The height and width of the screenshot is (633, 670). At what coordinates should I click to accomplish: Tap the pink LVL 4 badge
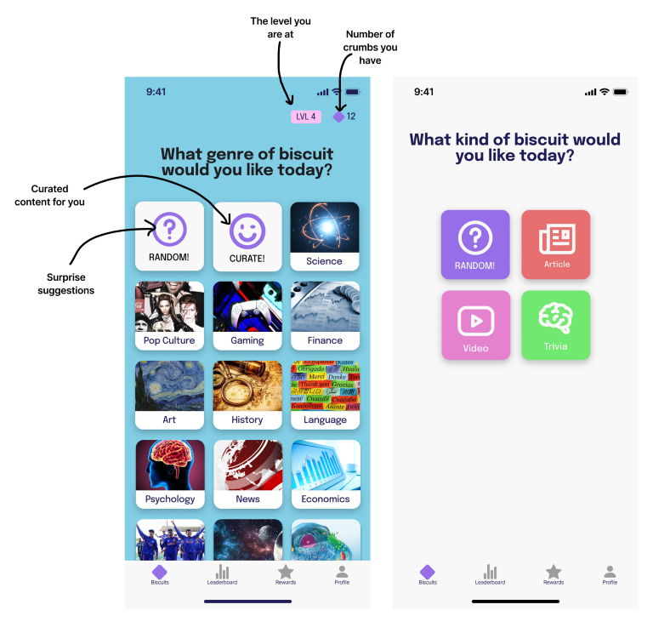(305, 117)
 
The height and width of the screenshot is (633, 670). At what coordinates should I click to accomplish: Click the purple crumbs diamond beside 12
(338, 117)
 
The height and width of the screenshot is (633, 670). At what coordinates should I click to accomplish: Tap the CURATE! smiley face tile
(247, 237)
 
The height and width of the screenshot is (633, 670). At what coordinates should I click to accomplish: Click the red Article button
(555, 244)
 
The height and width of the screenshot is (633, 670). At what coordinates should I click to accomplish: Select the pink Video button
(475, 325)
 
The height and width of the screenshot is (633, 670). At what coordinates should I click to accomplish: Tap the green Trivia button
(555, 325)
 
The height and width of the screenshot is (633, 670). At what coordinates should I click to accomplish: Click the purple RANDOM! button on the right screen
(475, 244)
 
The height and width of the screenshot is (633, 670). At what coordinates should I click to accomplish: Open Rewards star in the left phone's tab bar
(286, 574)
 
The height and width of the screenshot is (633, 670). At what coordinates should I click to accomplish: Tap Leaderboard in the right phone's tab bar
(490, 574)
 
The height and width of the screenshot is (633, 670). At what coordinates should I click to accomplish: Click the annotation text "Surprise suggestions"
(66, 284)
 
